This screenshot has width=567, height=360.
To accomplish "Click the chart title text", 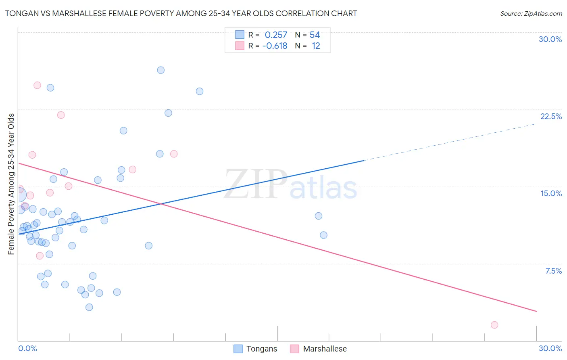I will click(181, 13).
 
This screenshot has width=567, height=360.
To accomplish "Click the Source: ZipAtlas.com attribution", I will click(531, 13).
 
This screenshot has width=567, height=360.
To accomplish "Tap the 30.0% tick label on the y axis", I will click(550, 39).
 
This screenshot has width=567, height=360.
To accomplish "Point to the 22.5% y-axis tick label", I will click(551, 116).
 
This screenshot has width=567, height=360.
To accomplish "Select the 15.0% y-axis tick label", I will click(551, 193).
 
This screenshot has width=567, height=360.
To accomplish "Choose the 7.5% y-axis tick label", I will click(553, 271).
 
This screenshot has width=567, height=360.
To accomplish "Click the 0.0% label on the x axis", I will click(27, 348).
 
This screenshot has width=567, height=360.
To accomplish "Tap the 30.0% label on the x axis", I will click(550, 348).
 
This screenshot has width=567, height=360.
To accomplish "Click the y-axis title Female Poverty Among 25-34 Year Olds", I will click(11, 184).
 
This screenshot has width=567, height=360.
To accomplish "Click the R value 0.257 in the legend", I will click(276, 35).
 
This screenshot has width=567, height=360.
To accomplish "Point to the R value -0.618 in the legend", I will click(275, 46).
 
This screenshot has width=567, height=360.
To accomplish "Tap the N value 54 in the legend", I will click(315, 35).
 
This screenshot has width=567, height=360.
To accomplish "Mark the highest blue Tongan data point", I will click(161, 70).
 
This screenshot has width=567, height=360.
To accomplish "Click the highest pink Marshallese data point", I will click(37, 85).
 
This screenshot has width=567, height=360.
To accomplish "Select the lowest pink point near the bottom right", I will click(494, 325).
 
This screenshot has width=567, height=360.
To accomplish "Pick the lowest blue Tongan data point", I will click(89, 307).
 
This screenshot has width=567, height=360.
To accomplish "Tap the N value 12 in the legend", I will click(316, 46).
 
